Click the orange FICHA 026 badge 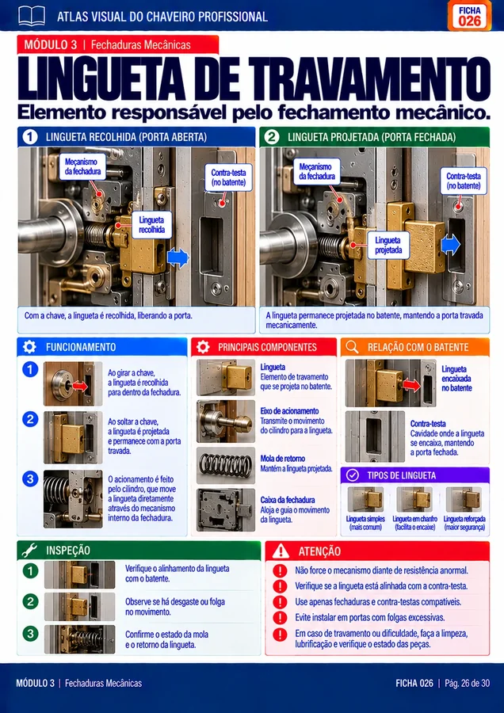469,16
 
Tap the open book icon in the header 32,16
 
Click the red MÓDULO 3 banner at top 118,44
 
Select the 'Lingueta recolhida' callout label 152,225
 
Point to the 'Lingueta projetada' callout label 388,246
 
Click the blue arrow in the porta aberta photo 178,257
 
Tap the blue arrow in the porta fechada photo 450,246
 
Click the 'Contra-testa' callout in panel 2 463,181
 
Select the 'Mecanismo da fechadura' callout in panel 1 82,167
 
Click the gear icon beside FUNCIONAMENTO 29,347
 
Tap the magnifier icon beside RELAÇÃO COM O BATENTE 352,347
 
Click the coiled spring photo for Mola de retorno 226,466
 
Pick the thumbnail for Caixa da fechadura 226,509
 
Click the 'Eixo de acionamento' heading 290,410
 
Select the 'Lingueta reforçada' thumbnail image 464,500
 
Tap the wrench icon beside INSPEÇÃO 30,551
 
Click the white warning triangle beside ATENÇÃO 281,551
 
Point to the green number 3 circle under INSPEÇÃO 30,634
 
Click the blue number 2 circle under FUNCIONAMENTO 30,418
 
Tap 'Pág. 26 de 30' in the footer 468,683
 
